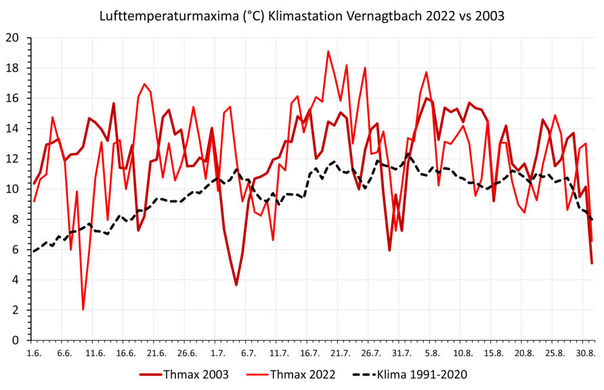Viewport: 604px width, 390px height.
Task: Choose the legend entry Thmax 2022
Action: tap(300, 374)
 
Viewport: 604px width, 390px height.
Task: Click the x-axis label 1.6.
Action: tap(33, 353)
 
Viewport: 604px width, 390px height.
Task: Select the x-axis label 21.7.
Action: tap(340, 353)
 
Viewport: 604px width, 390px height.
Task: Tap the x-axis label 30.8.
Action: tap(585, 353)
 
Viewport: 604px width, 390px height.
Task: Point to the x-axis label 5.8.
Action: tap(431, 353)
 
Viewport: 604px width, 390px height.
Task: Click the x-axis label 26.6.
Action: tap(187, 353)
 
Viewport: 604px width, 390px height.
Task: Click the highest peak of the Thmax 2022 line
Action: tap(328, 51)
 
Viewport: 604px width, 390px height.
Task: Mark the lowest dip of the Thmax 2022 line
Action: tap(83, 309)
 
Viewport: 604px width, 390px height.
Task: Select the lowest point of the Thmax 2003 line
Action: tap(236, 285)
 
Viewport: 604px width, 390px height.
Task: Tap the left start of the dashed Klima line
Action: tap(34, 251)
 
